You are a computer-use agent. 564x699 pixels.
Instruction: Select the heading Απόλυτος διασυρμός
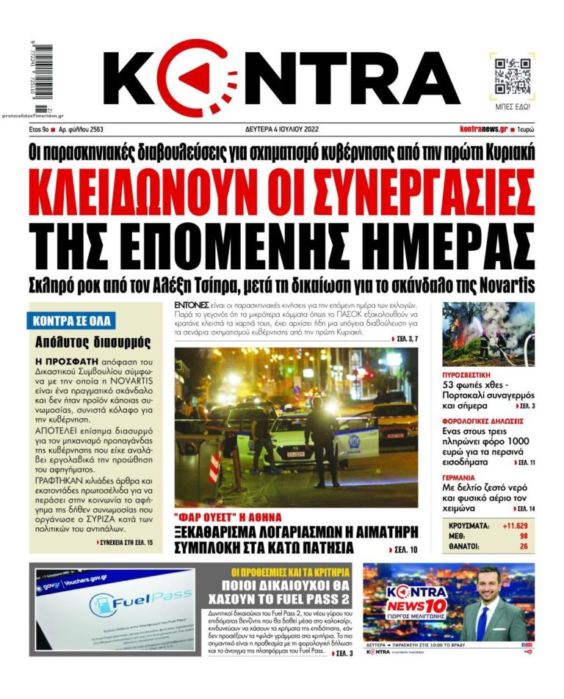pyautogui.click(x=93, y=342)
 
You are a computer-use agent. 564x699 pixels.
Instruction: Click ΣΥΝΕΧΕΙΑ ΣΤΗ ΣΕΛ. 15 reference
pyautogui.click(x=125, y=542)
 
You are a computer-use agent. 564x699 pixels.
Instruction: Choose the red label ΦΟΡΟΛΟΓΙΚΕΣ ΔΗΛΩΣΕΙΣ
pyautogui.click(x=482, y=422)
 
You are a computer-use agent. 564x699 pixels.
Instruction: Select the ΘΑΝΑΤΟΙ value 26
pyautogui.click(x=523, y=546)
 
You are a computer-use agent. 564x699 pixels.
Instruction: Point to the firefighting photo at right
pyautogui.click(x=488, y=334)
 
